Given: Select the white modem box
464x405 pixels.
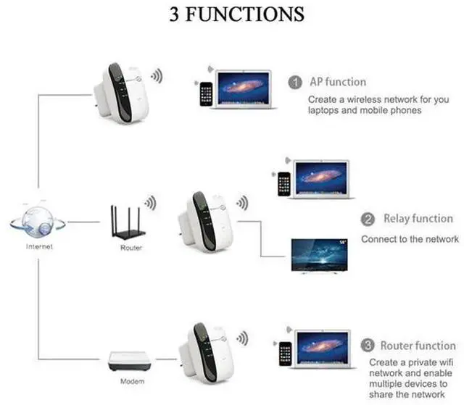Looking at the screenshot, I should click(x=128, y=361).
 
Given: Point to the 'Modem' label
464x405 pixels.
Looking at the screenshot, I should click(x=130, y=381).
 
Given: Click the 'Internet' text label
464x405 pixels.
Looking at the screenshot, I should click(x=39, y=246).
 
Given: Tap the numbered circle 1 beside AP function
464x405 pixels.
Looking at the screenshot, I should click(x=295, y=82).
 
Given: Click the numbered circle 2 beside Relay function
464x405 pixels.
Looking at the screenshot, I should click(x=368, y=219).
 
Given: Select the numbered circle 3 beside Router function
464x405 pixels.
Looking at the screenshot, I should click(x=368, y=345).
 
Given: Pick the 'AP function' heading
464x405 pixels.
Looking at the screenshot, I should click(x=338, y=82).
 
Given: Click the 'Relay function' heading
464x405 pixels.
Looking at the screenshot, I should click(x=418, y=219).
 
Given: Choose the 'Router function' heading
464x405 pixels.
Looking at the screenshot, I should click(x=418, y=346).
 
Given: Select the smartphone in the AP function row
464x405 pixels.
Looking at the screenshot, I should click(x=207, y=94).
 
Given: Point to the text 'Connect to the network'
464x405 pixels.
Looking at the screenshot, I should click(x=410, y=239).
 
